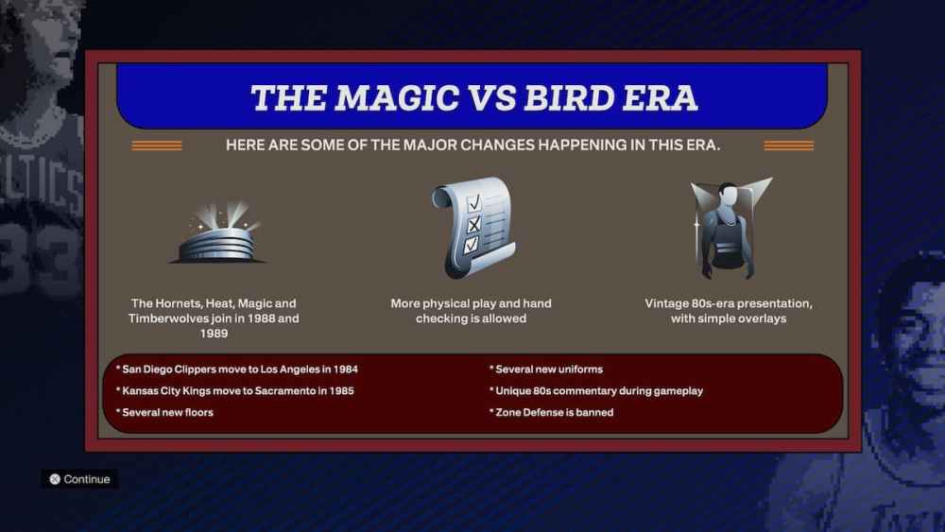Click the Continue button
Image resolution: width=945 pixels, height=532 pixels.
(80, 479)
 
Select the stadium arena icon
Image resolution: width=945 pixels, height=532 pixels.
(216, 234)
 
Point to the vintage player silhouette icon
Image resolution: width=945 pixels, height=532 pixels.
(729, 230)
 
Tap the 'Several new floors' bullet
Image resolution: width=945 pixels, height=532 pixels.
(164, 412)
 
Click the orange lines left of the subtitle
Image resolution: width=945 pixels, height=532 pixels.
(157, 146)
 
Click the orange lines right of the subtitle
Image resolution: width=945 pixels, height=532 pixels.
(788, 146)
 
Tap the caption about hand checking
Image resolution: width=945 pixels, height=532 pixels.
(471, 311)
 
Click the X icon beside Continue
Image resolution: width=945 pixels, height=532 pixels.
(55, 479)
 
